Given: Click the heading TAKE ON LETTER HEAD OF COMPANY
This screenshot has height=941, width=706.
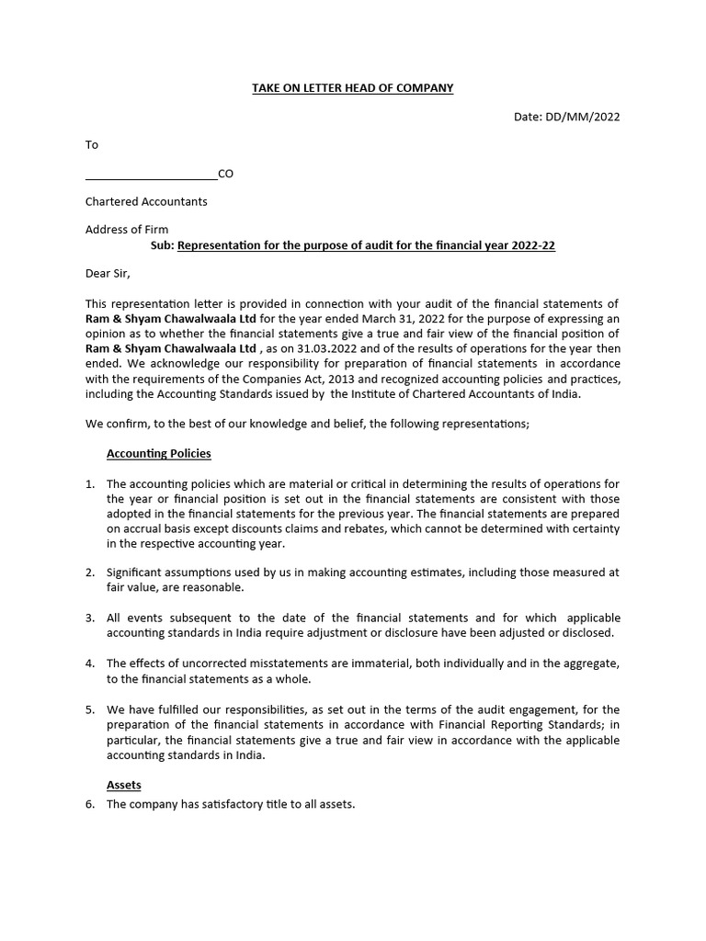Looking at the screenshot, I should click(353, 88).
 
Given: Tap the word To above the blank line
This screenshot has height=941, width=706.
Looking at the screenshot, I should click(92, 145).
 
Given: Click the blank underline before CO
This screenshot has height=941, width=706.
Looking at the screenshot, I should click(151, 174).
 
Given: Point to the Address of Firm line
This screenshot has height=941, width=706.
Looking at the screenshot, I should click(127, 230).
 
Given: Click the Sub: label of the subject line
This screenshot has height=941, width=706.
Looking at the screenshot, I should click(161, 246).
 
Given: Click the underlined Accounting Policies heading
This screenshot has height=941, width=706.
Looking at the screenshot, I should click(159, 453).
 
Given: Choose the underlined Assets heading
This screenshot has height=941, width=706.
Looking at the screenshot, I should click(124, 786).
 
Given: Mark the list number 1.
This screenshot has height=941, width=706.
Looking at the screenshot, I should click(90, 484).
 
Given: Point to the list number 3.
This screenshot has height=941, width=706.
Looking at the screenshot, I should click(90, 618).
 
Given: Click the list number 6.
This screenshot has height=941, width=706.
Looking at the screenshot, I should click(90, 804).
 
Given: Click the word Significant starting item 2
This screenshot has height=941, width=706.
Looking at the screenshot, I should click(139, 573).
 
